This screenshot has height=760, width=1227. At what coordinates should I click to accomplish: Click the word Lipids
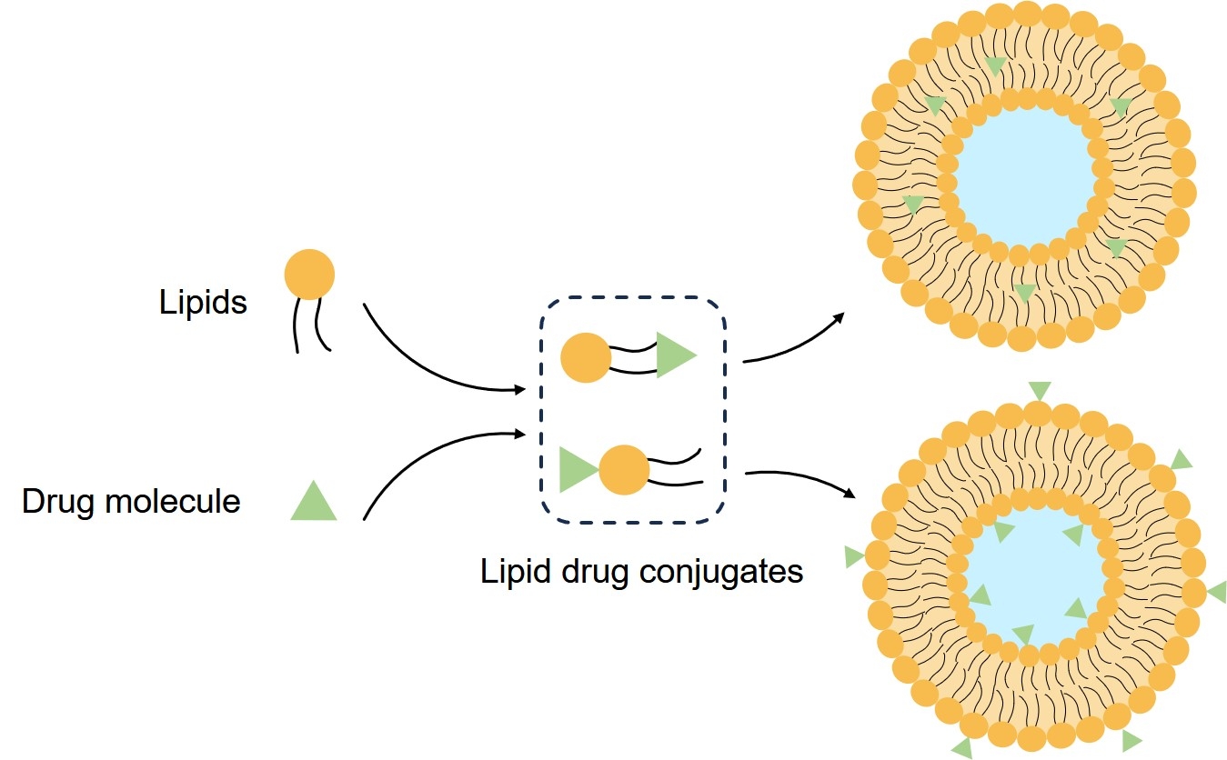point(203,302)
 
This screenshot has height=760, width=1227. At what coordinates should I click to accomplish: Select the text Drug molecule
point(131,501)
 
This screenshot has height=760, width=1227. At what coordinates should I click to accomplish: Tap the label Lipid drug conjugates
point(641,572)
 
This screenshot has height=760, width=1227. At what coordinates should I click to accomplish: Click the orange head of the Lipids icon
point(309,274)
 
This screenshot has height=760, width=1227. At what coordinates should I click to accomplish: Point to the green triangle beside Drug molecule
point(314,503)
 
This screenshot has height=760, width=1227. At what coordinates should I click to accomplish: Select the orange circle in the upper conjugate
point(585,357)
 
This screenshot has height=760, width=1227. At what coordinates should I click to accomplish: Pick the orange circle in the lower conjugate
point(624,470)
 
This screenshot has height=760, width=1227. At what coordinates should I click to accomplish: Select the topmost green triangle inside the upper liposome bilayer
point(996,65)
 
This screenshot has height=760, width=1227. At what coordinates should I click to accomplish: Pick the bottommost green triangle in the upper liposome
point(1025,292)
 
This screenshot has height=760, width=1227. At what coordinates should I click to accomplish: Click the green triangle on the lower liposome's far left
point(854,556)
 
